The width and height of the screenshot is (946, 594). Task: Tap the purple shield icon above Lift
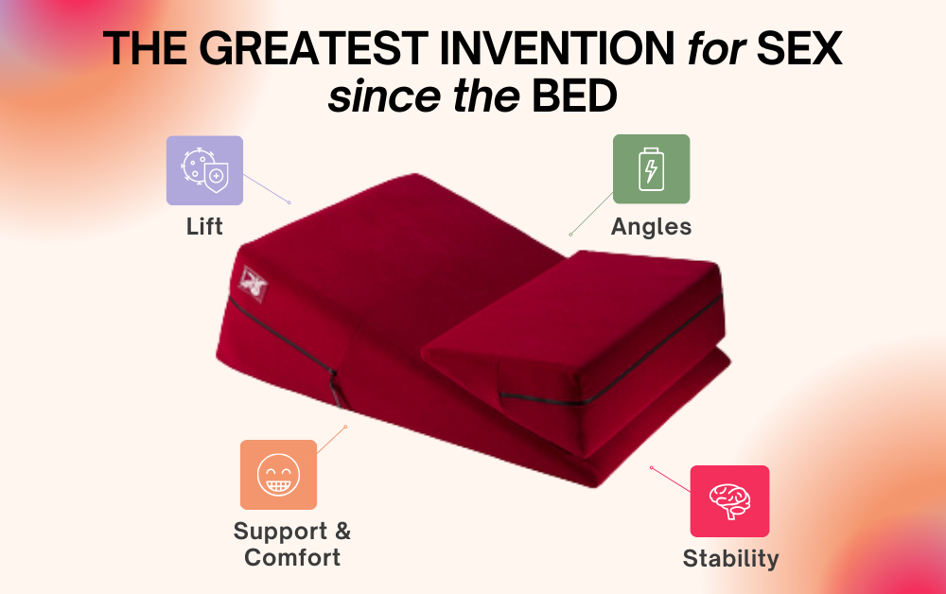pos(204,171)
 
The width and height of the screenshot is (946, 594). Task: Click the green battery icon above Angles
pos(651,169)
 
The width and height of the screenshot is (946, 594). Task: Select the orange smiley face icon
pos(278,475)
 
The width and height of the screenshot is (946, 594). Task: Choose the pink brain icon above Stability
pos(729,501)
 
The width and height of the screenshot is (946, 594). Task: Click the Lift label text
pos(204,227)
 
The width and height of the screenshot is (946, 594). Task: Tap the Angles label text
pos(651,227)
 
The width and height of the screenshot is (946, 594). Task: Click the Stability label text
pos(730,558)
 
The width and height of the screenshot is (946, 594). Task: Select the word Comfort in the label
pos(292,557)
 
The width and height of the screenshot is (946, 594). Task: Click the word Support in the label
pos(281,531)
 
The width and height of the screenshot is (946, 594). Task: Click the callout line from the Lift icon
pos(267,188)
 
